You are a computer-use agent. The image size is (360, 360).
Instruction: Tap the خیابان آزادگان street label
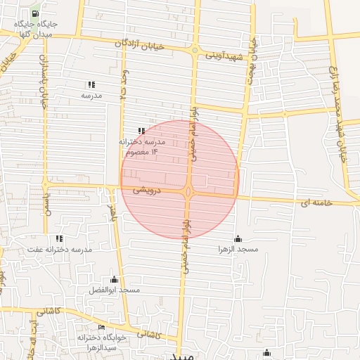coord(144,44)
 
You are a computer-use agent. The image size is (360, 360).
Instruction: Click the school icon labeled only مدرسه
coord(91,84)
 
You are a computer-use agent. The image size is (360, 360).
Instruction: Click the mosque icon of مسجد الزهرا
coord(238,238)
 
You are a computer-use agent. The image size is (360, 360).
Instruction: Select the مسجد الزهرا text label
coord(238,250)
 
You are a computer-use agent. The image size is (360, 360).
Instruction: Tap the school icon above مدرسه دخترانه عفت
coord(59,238)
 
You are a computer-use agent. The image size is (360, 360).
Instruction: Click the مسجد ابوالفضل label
coord(115,290)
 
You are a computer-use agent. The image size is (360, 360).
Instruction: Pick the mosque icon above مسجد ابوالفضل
coord(115,279)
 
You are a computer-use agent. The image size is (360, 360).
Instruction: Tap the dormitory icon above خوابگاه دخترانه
coord(102,328)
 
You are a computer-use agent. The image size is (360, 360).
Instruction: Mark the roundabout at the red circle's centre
coord(189,191)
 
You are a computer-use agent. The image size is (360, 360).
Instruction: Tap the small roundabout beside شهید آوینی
coord(247,56)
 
